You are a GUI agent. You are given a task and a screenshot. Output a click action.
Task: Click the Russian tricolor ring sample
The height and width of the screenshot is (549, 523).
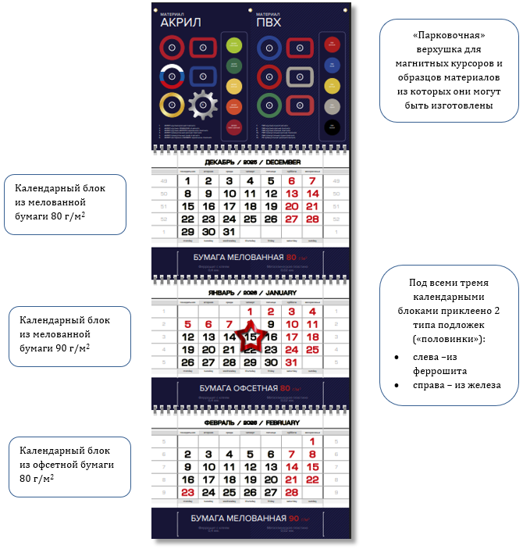click(172, 77)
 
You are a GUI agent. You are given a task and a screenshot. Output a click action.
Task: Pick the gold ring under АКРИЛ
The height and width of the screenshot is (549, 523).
click(172, 105)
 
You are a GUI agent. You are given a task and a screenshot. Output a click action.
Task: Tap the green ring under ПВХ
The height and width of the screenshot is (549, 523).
click(269, 105)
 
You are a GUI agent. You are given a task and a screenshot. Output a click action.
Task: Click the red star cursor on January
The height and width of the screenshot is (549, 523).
click(250, 337)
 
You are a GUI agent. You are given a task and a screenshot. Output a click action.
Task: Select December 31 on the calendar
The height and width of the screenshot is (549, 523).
click(229, 232)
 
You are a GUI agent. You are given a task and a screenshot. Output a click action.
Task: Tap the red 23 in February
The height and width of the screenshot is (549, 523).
click(187, 492)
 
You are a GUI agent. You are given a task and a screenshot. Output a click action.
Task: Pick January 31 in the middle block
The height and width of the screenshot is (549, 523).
click(291, 362)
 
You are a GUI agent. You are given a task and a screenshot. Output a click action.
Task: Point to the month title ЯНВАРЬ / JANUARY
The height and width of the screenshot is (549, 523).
click(250, 293)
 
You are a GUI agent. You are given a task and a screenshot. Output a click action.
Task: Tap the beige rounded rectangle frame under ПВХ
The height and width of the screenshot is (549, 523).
click(300, 77)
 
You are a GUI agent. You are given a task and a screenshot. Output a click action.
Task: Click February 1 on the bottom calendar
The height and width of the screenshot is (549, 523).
click(312, 441)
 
